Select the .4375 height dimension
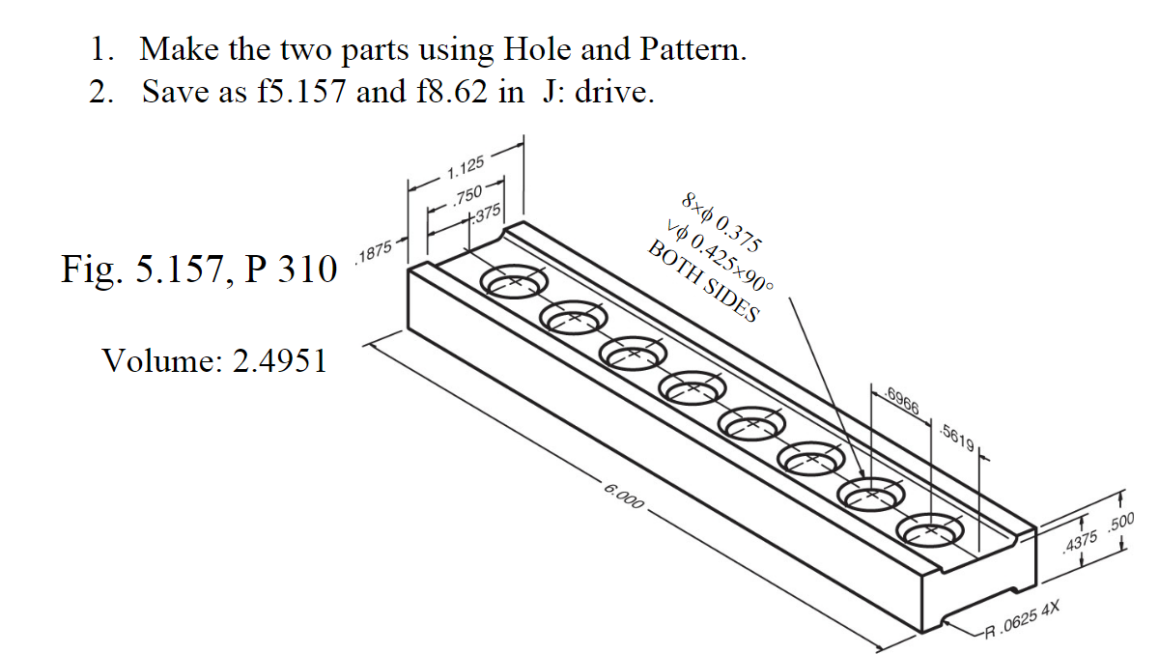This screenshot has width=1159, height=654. [x=1079, y=547]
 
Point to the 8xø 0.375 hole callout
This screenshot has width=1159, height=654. [x=721, y=221]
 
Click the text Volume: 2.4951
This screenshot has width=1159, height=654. [x=214, y=361]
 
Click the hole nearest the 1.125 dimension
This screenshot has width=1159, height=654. [x=515, y=282]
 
